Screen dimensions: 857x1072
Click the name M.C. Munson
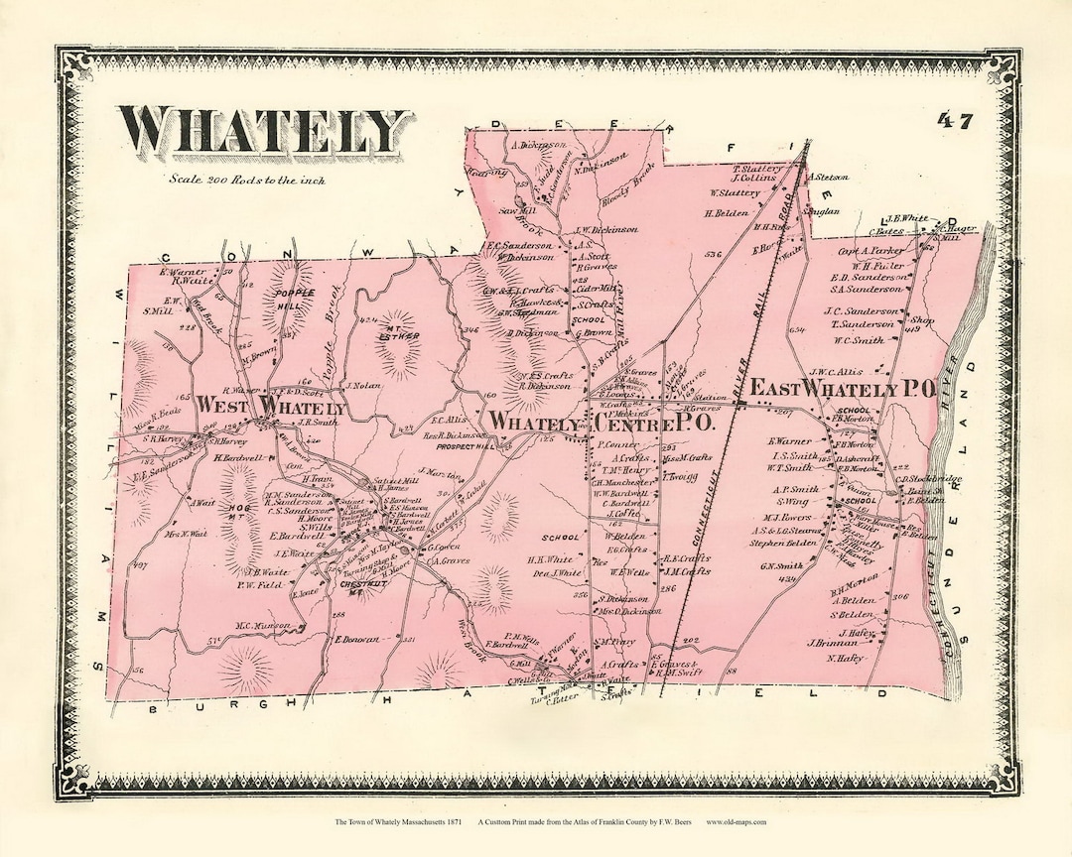point(262,626)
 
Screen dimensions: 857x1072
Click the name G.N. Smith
point(781,567)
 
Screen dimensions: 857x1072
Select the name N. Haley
point(844,659)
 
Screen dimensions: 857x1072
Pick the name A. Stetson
point(830,179)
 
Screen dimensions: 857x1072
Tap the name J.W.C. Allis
point(836,373)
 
